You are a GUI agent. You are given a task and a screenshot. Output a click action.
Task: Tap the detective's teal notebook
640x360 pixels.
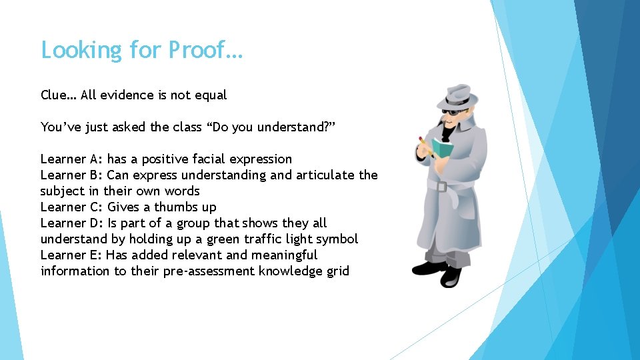(x=441, y=147)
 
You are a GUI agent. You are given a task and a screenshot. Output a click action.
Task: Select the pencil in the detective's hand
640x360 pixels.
(x=425, y=145)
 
